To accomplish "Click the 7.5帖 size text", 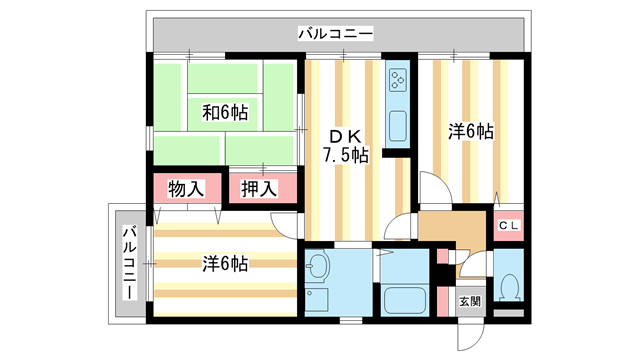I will [x=345, y=155].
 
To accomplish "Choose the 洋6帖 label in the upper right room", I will [x=470, y=131].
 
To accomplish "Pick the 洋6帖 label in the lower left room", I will [x=225, y=264].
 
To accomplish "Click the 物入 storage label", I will [x=186, y=188].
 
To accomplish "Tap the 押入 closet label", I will [x=259, y=188].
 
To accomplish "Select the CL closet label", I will [x=509, y=224].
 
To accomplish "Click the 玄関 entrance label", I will [x=469, y=300].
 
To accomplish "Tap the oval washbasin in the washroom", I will [x=319, y=267].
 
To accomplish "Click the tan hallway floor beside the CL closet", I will [x=455, y=228].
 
